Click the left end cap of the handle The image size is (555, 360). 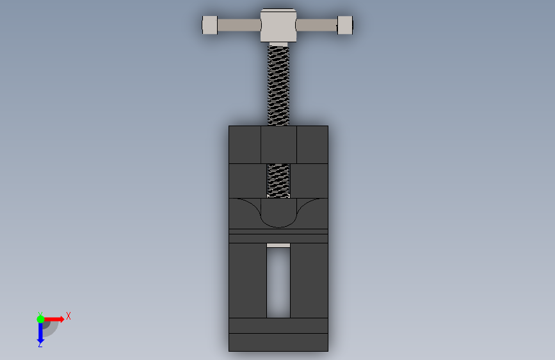click(209, 25)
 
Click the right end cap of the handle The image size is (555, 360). click(345, 25)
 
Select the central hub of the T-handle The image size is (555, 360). click(278, 25)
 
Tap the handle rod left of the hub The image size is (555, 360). click(239, 25)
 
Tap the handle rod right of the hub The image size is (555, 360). click(316, 25)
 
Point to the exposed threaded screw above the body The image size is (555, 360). click(278, 85)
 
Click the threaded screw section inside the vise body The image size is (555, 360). click(278, 181)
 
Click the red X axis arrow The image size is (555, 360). click(54, 319)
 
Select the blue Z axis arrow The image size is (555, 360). click(40, 332)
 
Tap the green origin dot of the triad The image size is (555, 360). click(40, 319)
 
